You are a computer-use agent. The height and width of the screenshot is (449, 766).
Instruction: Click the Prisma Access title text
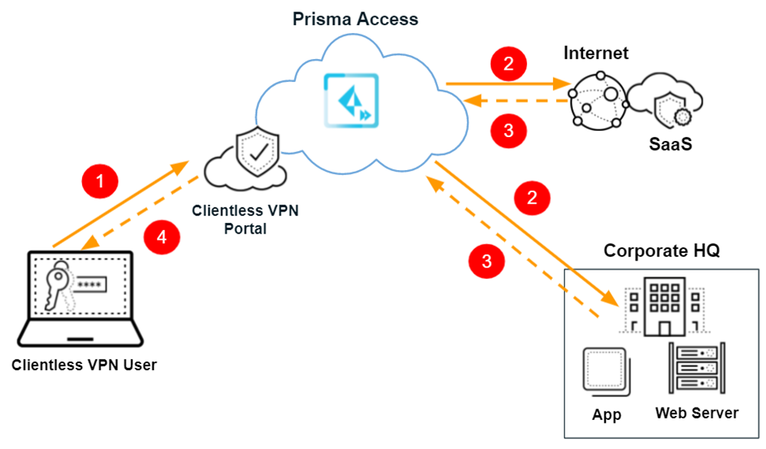click(355, 18)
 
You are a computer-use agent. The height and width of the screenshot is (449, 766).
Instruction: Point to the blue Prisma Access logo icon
click(351, 100)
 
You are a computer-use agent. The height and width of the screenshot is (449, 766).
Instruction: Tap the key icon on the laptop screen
click(61, 286)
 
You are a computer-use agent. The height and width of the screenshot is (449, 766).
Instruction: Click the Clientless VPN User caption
click(84, 365)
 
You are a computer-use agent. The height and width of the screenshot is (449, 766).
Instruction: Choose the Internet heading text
click(596, 53)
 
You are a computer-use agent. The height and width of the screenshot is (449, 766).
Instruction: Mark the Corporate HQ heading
click(662, 251)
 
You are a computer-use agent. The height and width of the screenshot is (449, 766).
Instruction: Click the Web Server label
click(696, 414)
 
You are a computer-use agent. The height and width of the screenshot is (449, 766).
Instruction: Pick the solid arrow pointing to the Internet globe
click(505, 83)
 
